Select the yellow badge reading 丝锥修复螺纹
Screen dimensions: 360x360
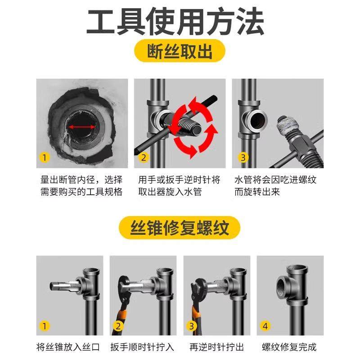point(180,228)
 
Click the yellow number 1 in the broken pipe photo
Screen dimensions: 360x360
point(45,157)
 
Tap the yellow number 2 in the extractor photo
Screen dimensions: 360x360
point(144,157)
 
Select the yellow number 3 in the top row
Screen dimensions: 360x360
point(243,157)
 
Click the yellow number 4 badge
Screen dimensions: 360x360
point(266,325)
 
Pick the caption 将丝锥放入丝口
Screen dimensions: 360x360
point(69,347)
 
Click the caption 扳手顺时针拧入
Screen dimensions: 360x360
point(143,347)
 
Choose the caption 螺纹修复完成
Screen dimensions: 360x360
point(289,347)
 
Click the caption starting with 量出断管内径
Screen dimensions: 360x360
point(81,185)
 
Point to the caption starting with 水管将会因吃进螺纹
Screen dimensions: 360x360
point(275,185)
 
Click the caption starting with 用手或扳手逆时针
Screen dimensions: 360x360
point(180,185)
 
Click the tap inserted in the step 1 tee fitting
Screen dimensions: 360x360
point(63,286)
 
